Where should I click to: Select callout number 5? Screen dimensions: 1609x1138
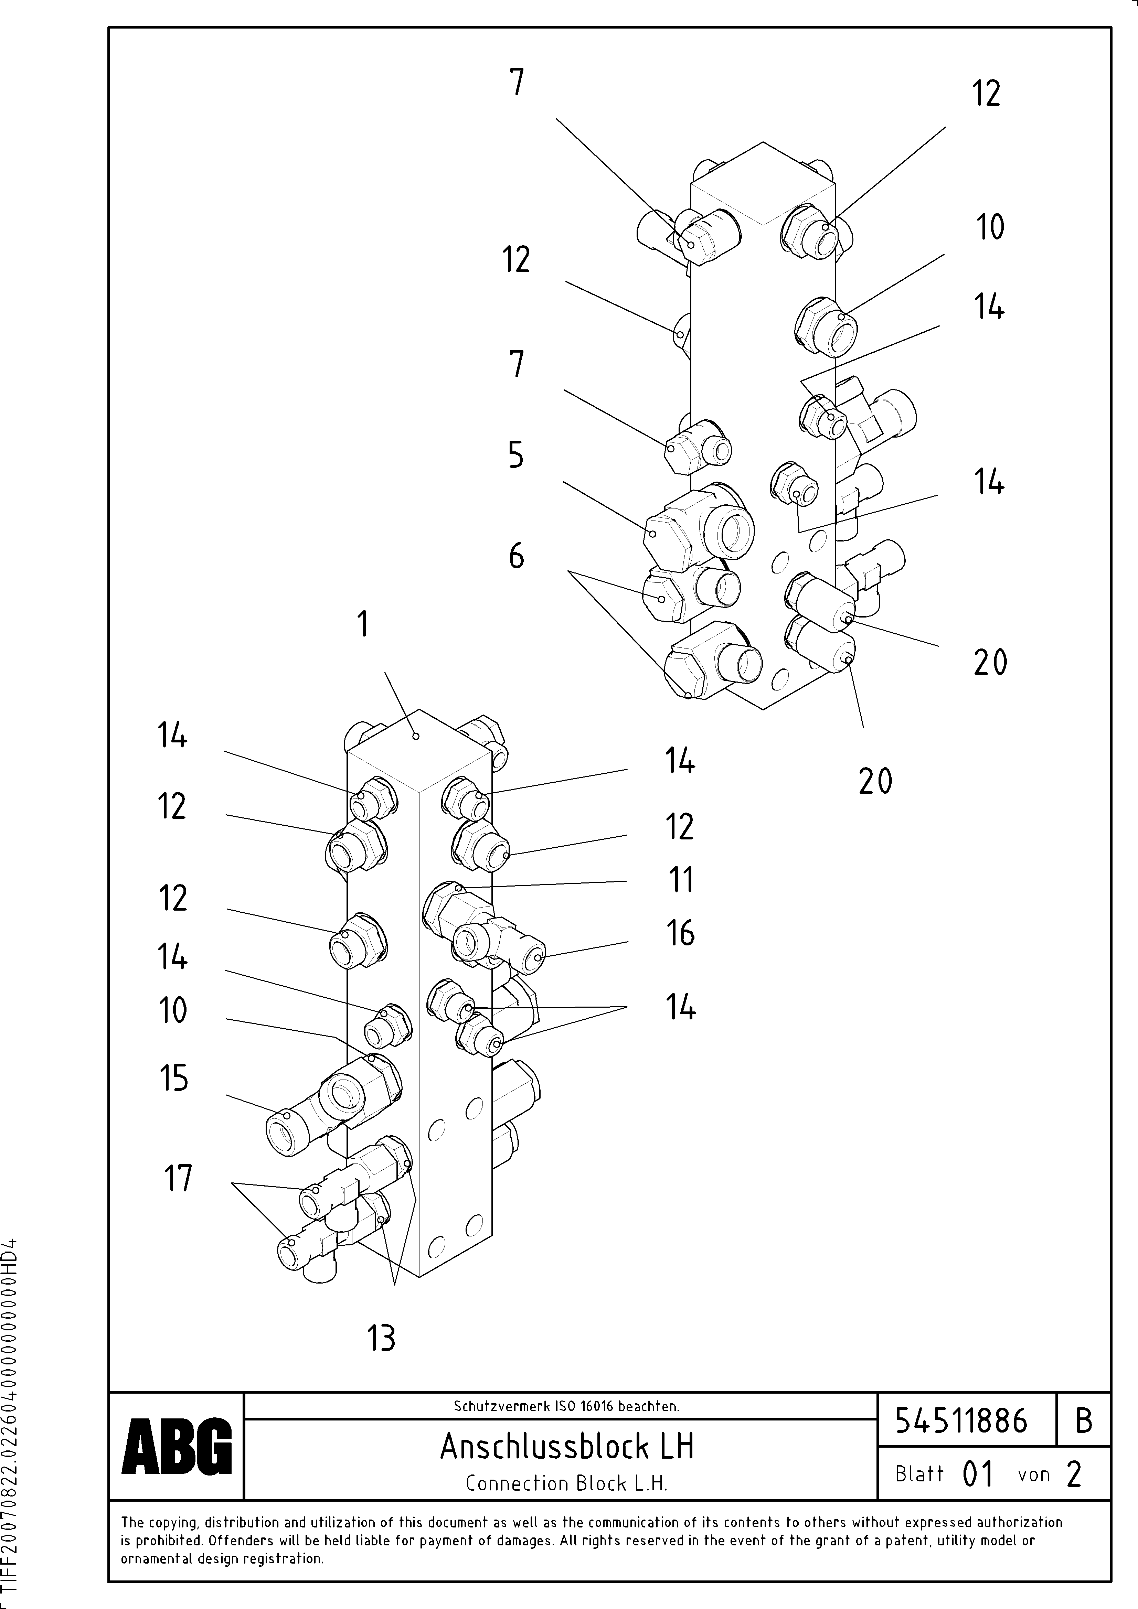[516, 455]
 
